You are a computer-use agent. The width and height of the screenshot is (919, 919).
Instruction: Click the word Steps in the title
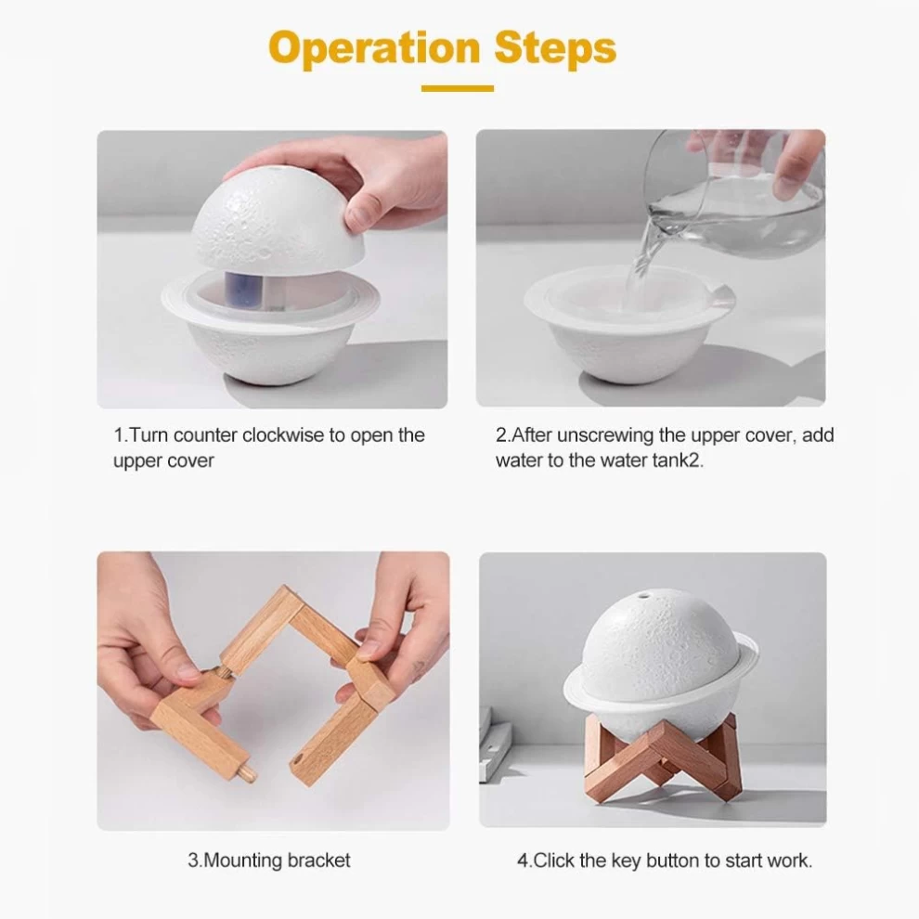click(555, 47)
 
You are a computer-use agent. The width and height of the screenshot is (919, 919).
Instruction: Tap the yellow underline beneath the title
click(457, 88)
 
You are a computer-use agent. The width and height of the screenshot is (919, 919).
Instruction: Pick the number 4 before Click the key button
click(523, 861)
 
